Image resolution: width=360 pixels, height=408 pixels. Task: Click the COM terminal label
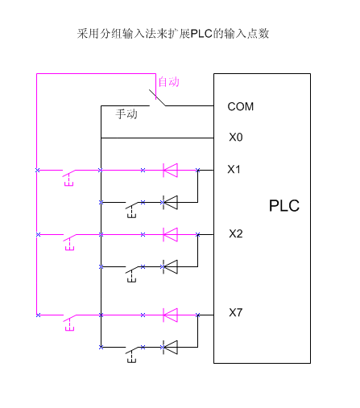(240, 107)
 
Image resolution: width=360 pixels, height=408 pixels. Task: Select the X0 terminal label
(236, 137)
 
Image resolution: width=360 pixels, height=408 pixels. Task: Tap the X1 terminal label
(234, 169)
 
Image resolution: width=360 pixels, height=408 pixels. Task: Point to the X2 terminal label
(236, 233)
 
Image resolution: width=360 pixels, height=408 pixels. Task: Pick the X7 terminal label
(236, 312)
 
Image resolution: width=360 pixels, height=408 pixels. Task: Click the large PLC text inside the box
(284, 206)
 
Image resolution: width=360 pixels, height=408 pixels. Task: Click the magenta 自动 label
(169, 82)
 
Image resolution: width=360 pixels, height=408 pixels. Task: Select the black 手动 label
(126, 114)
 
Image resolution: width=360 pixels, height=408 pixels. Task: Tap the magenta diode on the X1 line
(170, 171)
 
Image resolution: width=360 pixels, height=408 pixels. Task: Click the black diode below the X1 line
(170, 203)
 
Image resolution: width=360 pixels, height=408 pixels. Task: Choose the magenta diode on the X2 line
(170, 235)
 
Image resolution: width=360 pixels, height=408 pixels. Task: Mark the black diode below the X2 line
(170, 267)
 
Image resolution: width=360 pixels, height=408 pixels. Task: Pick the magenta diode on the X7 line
(170, 315)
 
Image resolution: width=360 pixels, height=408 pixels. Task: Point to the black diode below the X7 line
(170, 348)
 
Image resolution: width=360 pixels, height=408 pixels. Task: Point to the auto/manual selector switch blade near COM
(157, 97)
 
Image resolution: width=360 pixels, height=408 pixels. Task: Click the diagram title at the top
(173, 34)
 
